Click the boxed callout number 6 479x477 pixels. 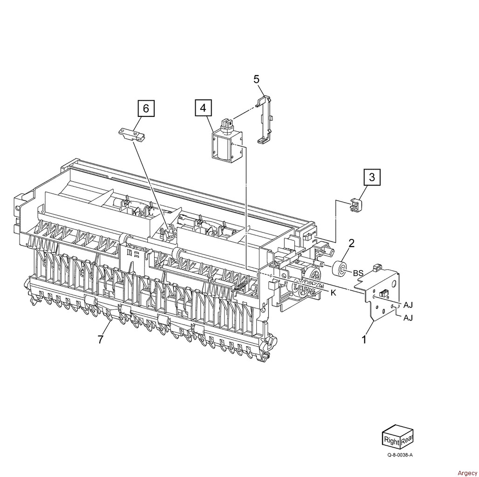coord(146,108)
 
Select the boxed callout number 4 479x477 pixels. coord(203,108)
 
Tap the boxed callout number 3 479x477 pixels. coord(372,177)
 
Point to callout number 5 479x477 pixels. coord(256,79)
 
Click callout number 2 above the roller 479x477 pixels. coord(352,243)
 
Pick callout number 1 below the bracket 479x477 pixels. coord(364,339)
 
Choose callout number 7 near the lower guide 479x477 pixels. coord(101,339)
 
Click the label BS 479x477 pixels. coord(358,273)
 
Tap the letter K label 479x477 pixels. coord(333,293)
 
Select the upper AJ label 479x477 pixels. coord(408,305)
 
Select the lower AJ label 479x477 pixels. coord(408,318)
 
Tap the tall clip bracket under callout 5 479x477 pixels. coord(263,120)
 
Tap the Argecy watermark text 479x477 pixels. coord(467,473)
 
